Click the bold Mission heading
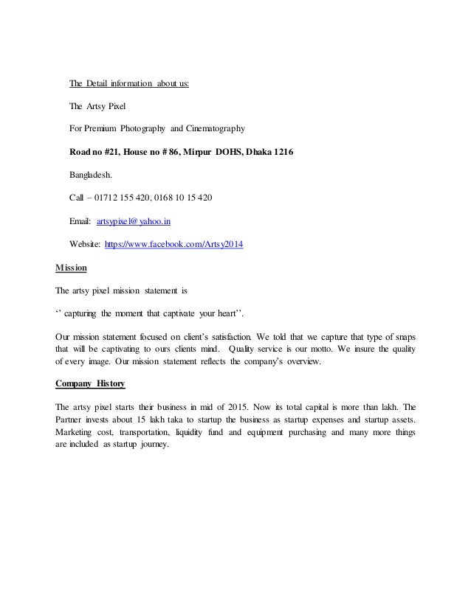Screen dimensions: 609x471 [x=72, y=267]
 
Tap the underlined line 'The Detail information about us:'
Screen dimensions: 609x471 [x=129, y=83]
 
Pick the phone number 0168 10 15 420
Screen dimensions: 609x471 [x=182, y=198]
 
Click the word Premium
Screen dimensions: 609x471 [x=100, y=129]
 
